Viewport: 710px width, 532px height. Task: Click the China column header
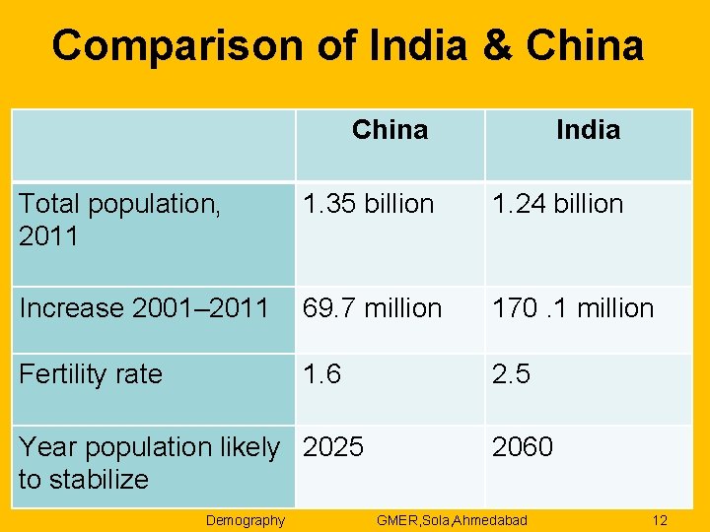[390, 130]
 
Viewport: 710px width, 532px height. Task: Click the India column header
[588, 130]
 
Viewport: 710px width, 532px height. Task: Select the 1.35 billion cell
[368, 204]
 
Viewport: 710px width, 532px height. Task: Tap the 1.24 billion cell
[557, 204]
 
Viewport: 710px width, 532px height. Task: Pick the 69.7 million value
[372, 308]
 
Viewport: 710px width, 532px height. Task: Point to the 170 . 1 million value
[572, 308]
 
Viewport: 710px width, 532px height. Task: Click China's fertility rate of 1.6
[321, 374]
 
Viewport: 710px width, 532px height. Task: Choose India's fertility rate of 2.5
[511, 374]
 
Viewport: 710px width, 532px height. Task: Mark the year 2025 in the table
[333, 447]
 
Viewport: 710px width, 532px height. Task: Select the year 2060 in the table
[523, 447]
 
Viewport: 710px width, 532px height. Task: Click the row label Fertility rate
[91, 374]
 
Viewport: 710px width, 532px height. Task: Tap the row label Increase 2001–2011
[144, 308]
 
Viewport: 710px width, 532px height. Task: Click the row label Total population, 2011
[118, 220]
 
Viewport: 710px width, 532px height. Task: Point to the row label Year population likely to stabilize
[148, 463]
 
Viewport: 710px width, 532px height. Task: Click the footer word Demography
[245, 520]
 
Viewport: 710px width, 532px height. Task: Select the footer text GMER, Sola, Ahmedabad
[452, 520]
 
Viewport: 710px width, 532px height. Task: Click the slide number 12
[660, 520]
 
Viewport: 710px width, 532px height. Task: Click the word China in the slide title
[585, 45]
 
